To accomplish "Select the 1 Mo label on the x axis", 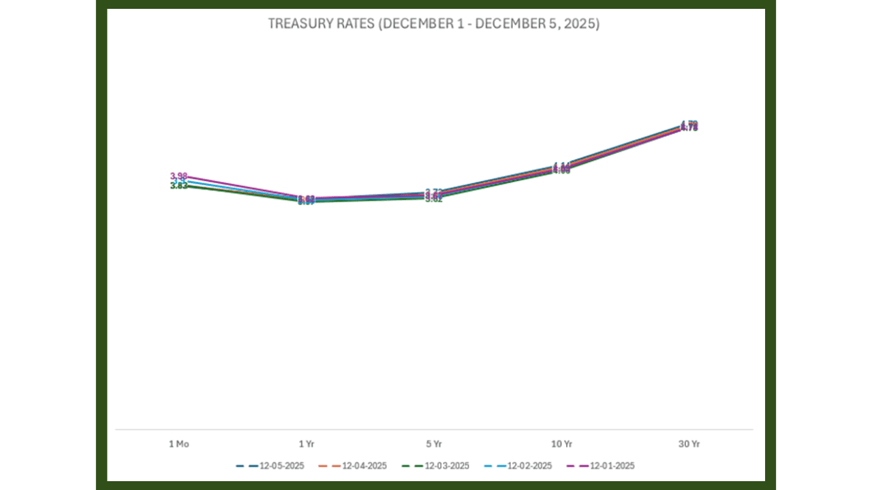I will tap(178, 444).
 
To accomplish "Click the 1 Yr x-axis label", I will tap(307, 444).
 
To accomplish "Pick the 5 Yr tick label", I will tap(434, 444).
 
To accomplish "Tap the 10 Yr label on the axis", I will tap(561, 444).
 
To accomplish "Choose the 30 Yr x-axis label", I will tap(689, 444).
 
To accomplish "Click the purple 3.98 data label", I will tap(178, 176).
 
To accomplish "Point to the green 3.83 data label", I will tap(178, 186).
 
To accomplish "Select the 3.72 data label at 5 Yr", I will tap(435, 192).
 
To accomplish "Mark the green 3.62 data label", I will tap(434, 199).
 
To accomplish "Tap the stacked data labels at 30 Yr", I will tap(689, 126).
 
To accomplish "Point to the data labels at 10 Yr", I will tap(561, 167).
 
